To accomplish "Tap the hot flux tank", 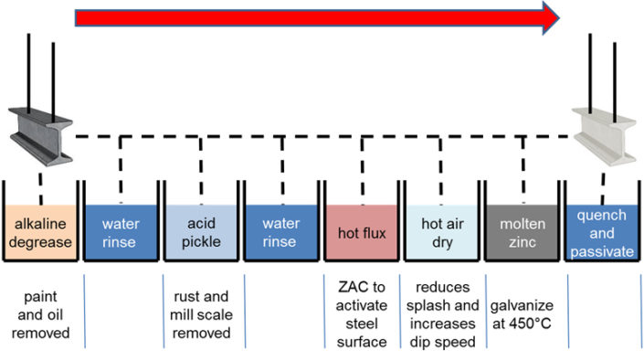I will [361, 234].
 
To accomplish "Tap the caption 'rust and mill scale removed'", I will [201, 315].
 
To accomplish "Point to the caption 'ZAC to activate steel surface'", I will [361, 315].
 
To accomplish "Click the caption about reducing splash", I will [441, 315].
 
